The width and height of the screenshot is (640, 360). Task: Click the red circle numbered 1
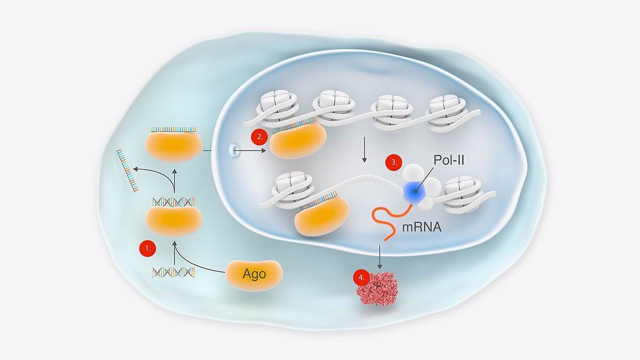tap(147, 248)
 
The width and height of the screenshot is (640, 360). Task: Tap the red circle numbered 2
tap(259, 136)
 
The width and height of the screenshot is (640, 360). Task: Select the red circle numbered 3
tap(393, 162)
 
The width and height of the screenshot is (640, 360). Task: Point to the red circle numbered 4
tap(361, 277)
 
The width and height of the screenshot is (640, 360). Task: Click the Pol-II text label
tap(449, 160)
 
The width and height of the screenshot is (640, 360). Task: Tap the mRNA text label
tap(421, 227)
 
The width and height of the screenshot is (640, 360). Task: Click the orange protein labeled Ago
tap(254, 275)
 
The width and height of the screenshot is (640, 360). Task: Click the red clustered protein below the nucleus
tap(377, 288)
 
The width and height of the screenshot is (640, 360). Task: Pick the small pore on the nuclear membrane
tap(233, 150)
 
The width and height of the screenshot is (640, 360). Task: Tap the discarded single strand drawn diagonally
tap(127, 170)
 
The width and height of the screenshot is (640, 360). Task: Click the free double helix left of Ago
tap(173, 272)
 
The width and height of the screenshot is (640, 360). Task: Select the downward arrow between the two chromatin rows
tap(364, 149)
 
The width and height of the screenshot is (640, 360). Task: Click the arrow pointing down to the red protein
tap(379, 256)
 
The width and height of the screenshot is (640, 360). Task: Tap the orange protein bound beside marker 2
tap(298, 140)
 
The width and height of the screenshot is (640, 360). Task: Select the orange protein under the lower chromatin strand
tap(322, 215)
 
